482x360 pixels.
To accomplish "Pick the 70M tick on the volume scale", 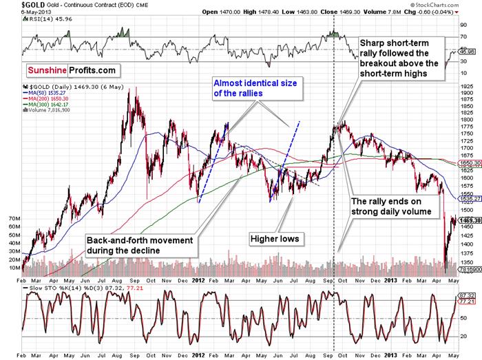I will tap(14, 218).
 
